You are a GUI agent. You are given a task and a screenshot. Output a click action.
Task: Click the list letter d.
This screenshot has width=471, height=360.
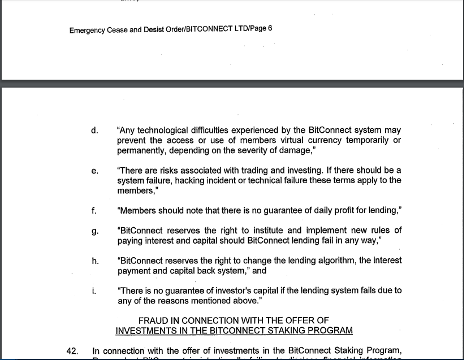pyautogui.click(x=94, y=131)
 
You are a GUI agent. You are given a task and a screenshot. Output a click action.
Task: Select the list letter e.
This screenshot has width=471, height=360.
pyautogui.click(x=94, y=171)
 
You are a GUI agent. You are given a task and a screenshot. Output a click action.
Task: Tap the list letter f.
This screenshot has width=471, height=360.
pyautogui.click(x=94, y=210)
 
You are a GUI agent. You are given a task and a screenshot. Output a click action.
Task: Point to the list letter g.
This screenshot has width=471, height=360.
pyautogui.click(x=94, y=231)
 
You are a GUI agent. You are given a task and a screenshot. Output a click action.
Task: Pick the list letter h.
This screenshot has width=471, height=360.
pyautogui.click(x=94, y=261)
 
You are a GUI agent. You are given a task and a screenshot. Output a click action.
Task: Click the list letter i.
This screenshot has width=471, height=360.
pyautogui.click(x=94, y=290)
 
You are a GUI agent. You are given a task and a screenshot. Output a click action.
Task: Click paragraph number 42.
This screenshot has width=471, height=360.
pyautogui.click(x=72, y=352)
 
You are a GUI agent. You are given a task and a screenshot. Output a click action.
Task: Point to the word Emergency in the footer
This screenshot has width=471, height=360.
pyautogui.click(x=87, y=30)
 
